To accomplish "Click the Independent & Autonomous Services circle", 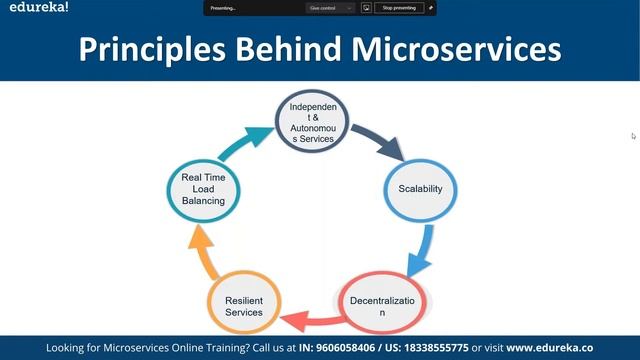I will point(315,122).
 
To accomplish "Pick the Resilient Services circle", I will point(243,305).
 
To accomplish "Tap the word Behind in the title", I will point(288,48).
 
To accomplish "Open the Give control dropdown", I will point(330,7).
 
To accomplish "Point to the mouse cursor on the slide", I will point(633,135).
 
